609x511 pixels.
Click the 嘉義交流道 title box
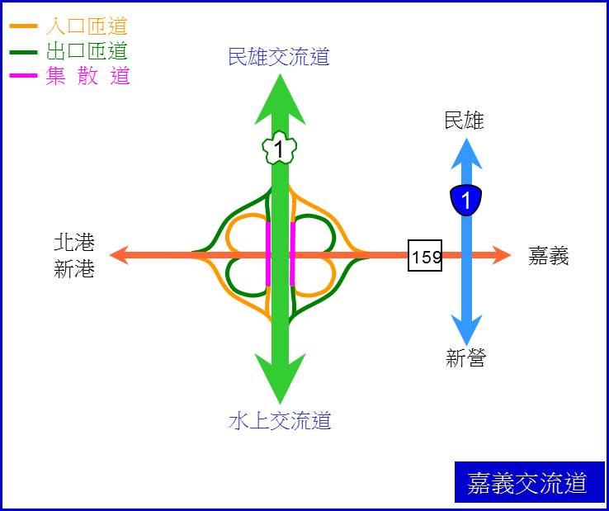click(530, 482)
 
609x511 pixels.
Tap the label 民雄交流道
click(279, 57)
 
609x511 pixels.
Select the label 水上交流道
click(280, 420)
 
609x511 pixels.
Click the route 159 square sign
click(425, 255)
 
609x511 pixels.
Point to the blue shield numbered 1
click(466, 200)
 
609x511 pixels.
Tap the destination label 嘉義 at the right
click(549, 256)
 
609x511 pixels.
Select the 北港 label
click(74, 243)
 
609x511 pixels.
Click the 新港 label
click(74, 269)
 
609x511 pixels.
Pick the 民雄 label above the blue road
click(465, 121)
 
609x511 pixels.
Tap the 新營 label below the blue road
click(465, 358)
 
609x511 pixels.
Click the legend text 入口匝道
click(87, 26)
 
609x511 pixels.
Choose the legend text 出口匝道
click(87, 51)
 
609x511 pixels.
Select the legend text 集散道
click(87, 75)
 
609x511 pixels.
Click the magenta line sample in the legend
click(23, 75)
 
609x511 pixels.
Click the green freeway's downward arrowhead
click(280, 379)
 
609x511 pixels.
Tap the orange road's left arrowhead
click(119, 255)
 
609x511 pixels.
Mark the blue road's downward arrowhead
click(466, 330)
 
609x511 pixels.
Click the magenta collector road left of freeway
click(268, 254)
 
